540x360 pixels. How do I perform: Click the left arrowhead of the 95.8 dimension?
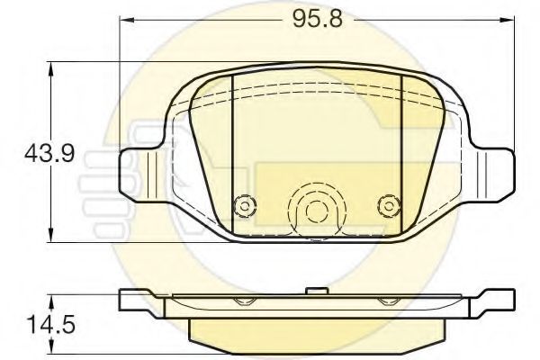click(126, 20)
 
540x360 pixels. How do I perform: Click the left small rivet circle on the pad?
click(240, 205)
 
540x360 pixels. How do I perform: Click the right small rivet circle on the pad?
click(387, 205)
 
